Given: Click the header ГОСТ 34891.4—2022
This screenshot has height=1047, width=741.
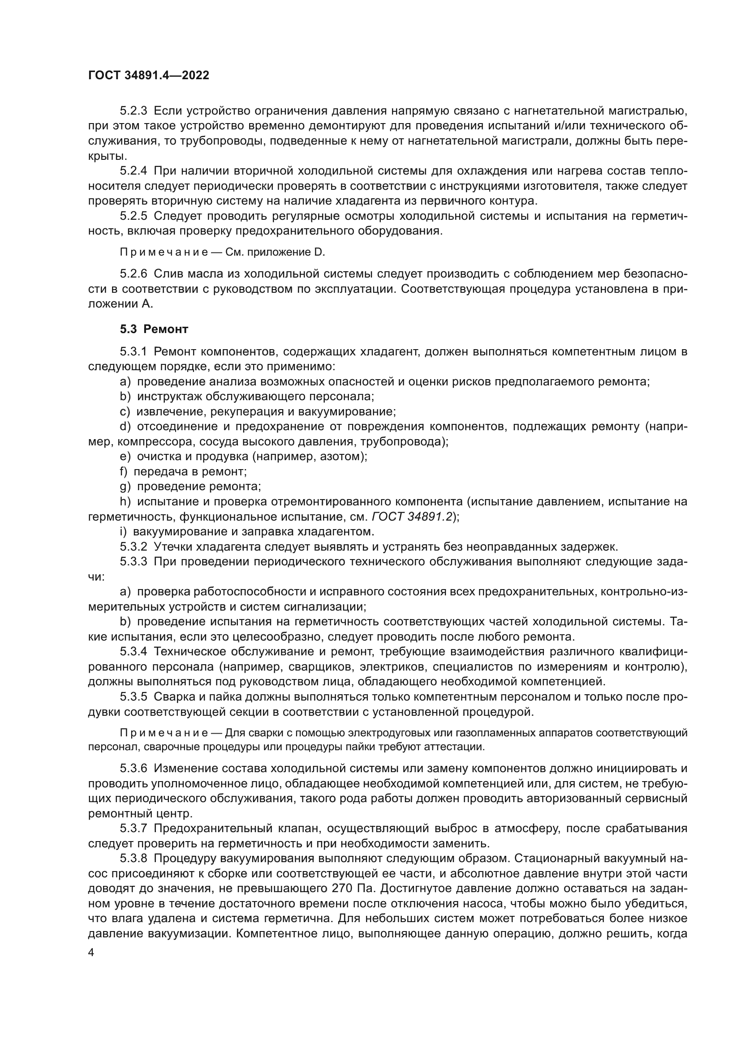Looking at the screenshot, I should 148,76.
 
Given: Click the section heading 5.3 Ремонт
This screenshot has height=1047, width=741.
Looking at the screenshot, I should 154,329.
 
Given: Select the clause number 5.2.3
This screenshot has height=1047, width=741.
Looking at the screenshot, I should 133,111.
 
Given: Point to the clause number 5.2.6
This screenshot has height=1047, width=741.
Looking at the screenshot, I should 133,274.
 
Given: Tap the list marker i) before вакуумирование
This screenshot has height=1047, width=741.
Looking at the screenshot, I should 123,532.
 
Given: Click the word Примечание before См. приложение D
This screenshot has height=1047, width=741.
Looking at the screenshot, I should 164,252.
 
